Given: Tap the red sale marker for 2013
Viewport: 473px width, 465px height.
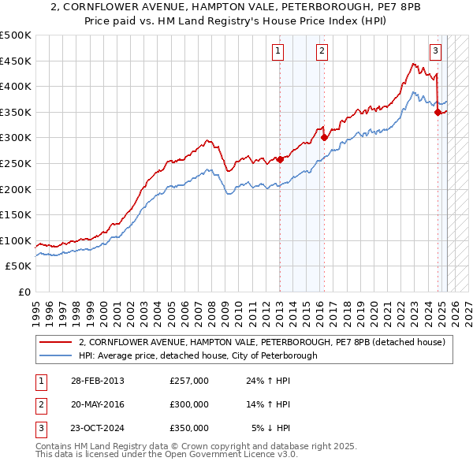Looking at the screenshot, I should point(280,160).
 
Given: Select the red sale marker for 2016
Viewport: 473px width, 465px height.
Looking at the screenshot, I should point(323,137).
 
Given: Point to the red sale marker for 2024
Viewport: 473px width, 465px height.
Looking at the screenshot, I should point(438,112).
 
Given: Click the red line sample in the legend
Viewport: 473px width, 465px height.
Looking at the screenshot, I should point(55,343).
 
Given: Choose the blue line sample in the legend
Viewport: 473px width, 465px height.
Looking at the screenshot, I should point(55,355).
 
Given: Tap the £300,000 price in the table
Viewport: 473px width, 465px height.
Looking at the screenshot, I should point(189,404).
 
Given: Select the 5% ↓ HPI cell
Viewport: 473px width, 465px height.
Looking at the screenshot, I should point(271,428).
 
